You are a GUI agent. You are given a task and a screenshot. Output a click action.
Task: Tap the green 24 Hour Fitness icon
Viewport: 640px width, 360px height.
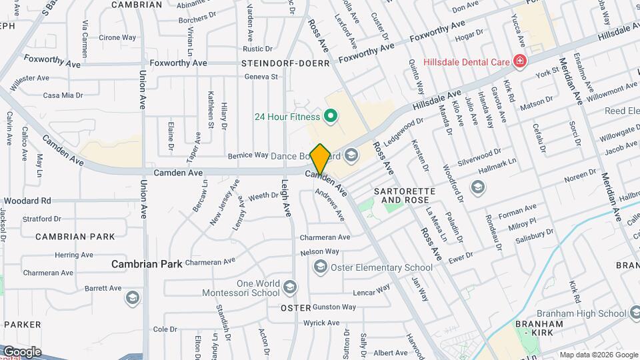pyautogui.click(x=329, y=117)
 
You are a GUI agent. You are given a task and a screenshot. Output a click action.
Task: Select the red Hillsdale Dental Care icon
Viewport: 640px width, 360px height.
pyautogui.click(x=520, y=62)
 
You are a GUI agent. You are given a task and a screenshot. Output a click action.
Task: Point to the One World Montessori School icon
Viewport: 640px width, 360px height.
pyautogui.click(x=289, y=287)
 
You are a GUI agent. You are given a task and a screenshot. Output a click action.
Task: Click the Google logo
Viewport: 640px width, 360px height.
pyautogui.click(x=21, y=351)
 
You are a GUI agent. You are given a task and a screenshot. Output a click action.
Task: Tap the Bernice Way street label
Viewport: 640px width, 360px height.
pyautogui.click(x=248, y=155)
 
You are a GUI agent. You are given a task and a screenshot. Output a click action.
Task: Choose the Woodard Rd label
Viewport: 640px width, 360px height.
pyautogui.click(x=27, y=200)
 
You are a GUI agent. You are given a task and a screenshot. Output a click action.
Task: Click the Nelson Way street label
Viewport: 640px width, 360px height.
pyautogui.click(x=320, y=251)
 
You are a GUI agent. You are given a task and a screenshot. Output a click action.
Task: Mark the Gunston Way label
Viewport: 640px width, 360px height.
pyautogui.click(x=334, y=307)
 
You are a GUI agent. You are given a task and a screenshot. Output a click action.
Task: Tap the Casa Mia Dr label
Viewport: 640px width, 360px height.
pyautogui.click(x=63, y=95)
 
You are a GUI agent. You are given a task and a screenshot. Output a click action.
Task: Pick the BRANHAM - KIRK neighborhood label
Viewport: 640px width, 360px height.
pyautogui.click(x=539, y=328)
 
